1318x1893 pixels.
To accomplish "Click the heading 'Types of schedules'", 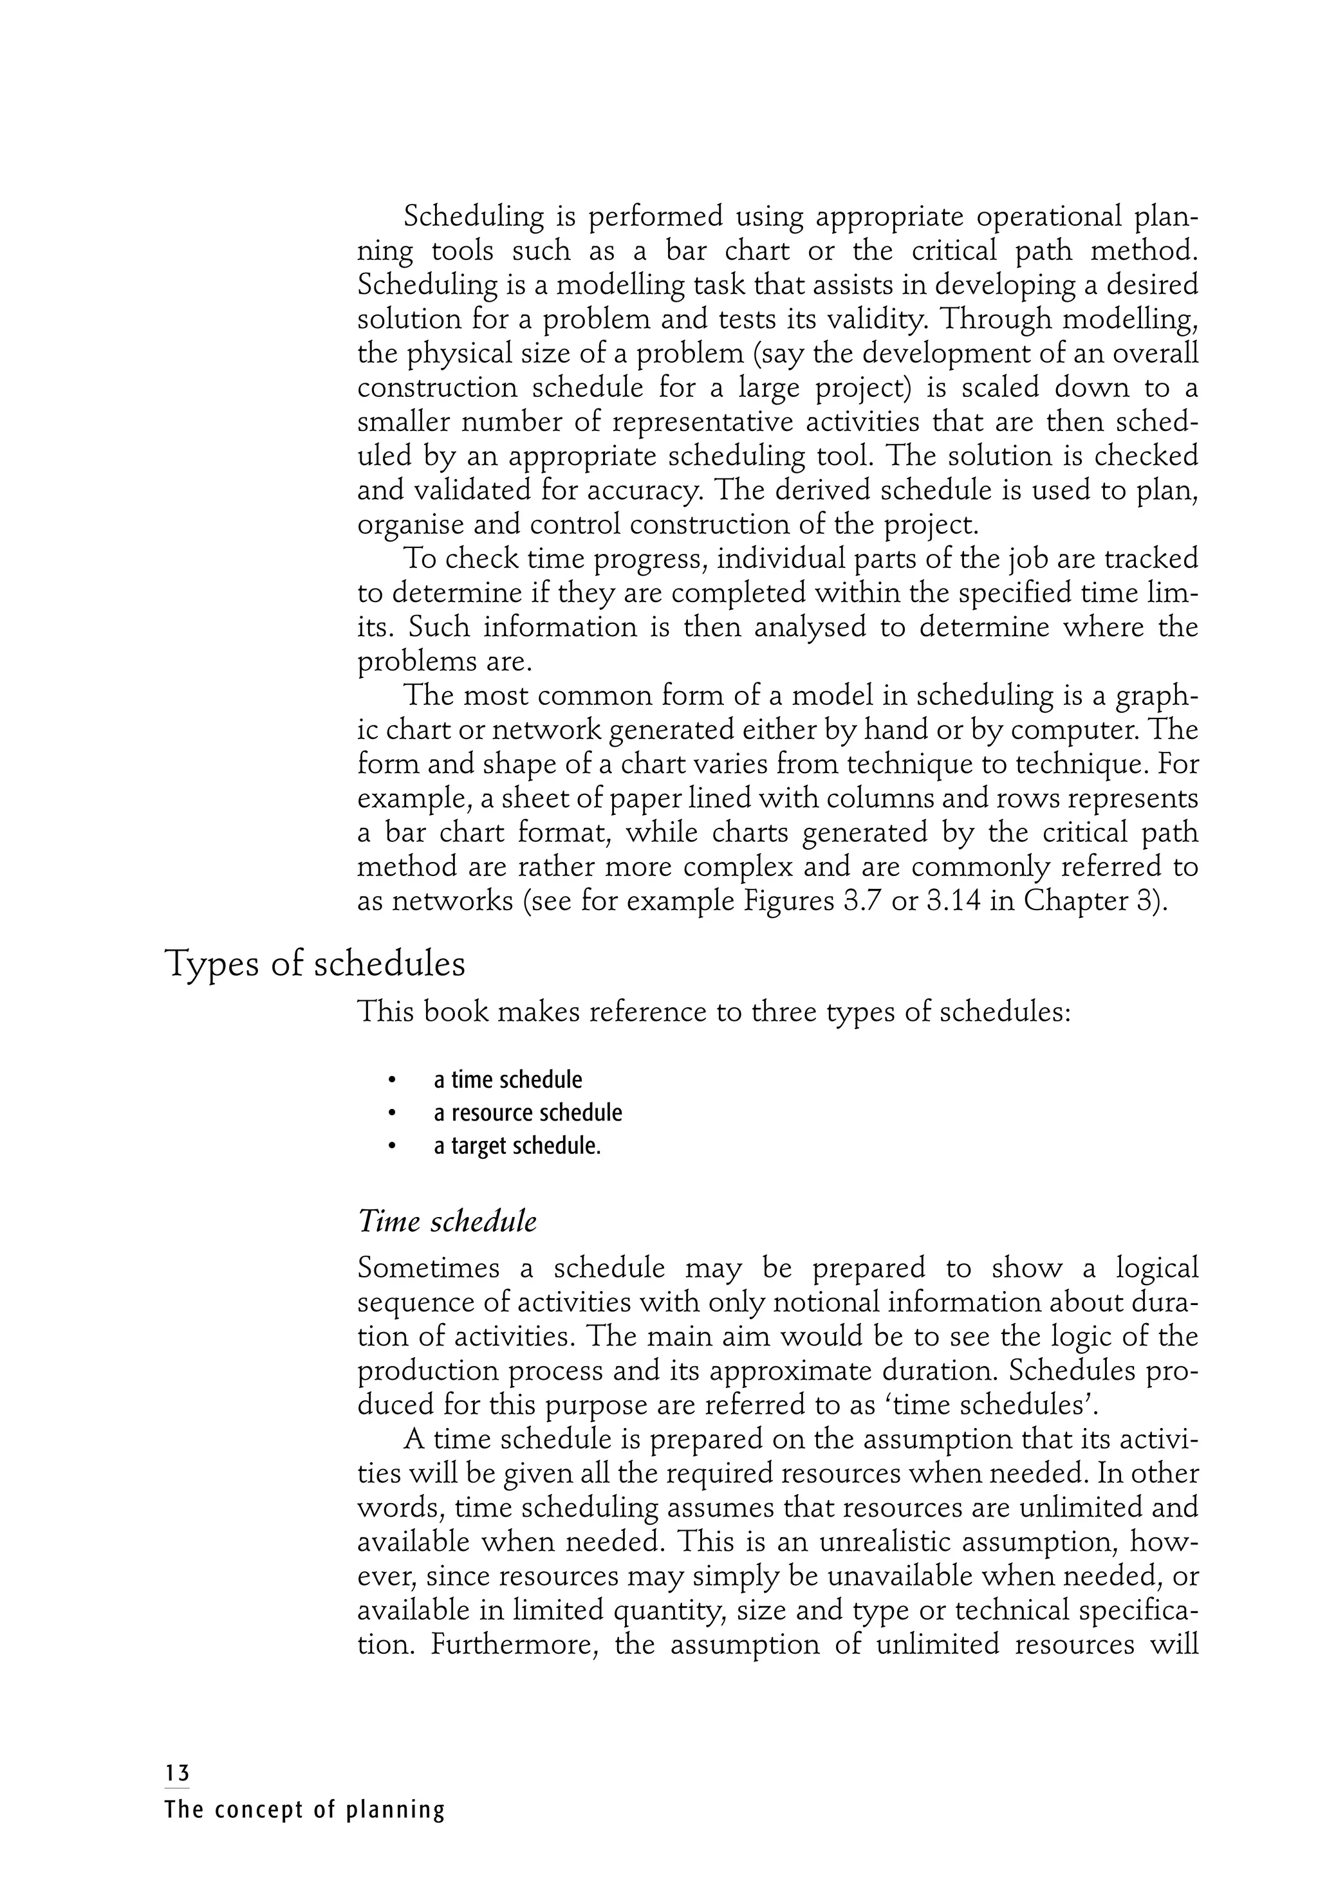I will click(x=315, y=965).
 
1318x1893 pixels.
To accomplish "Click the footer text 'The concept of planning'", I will click(x=304, y=1811).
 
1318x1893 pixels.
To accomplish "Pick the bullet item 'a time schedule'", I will click(x=507, y=1080).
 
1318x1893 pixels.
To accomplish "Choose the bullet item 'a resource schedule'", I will click(x=527, y=1113).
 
